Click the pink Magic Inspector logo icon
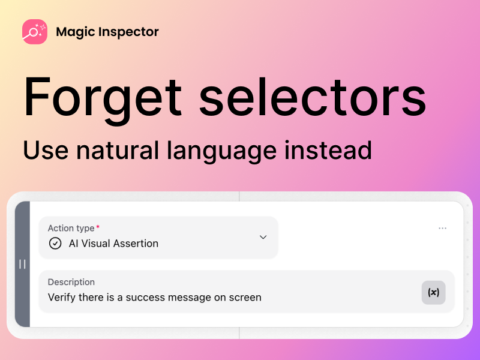coord(35,32)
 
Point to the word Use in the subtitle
coord(45,149)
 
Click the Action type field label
coord(71,228)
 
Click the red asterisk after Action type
coord(98,227)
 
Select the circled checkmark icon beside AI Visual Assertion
coord(55,244)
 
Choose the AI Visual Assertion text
coord(113,244)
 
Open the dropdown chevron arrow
coord(263,237)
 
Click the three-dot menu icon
coord(443,228)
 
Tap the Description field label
coord(71,282)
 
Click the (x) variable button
coord(433,292)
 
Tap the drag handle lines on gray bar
coord(22,264)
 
